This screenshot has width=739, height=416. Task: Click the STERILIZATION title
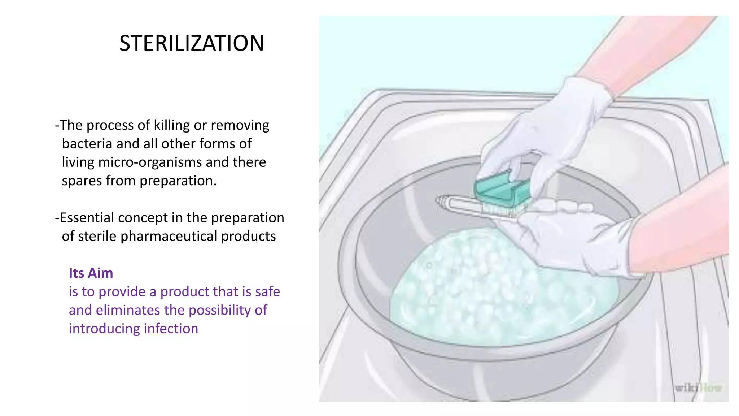click(x=192, y=43)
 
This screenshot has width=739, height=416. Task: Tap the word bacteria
click(x=87, y=144)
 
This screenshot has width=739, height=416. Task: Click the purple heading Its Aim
click(x=91, y=273)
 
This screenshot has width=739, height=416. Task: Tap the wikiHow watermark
click(x=698, y=388)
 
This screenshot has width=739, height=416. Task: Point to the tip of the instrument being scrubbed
click(x=440, y=200)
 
